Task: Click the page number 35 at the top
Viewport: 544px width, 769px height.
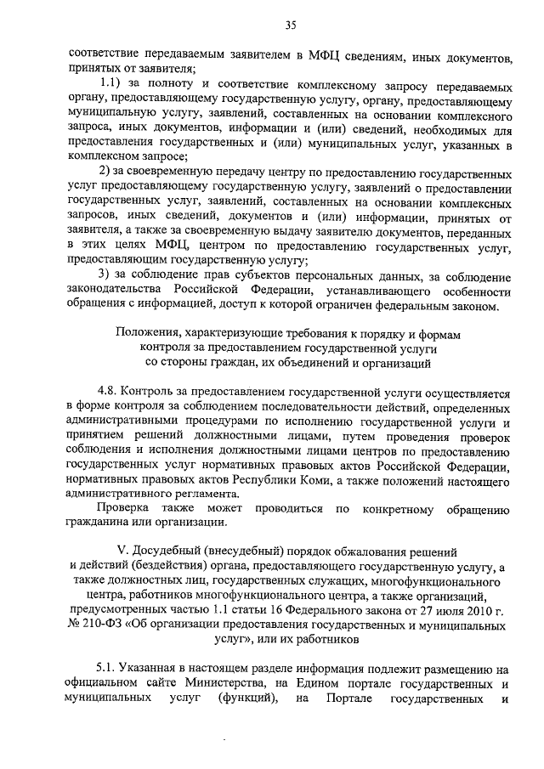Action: [x=290, y=27]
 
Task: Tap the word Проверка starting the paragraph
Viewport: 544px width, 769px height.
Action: [x=125, y=507]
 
